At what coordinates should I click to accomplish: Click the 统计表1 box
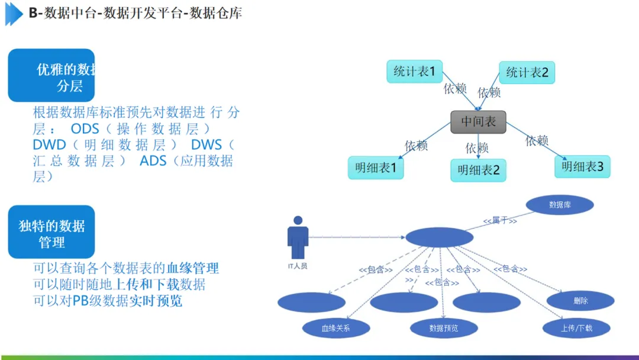click(x=415, y=72)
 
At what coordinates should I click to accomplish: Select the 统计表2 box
click(x=527, y=72)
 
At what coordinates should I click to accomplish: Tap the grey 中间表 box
click(x=478, y=122)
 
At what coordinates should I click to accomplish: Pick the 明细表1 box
click(x=376, y=168)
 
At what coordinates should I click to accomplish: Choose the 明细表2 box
click(x=478, y=170)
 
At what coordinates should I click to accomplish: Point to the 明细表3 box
click(x=582, y=166)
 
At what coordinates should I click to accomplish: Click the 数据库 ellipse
click(x=559, y=205)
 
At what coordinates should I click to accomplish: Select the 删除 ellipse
click(x=580, y=301)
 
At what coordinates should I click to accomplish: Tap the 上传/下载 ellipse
click(x=576, y=328)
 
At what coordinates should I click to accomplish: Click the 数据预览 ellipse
click(x=443, y=328)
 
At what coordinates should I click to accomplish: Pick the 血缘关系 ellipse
click(x=336, y=328)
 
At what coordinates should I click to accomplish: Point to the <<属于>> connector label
click(x=500, y=221)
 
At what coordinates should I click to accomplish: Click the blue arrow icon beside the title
click(x=14, y=14)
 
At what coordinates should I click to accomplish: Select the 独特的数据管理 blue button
click(x=51, y=234)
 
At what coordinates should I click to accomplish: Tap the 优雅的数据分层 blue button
click(x=51, y=77)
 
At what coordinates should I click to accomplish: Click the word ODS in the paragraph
click(x=85, y=128)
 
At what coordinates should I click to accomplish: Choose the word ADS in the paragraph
click(x=153, y=160)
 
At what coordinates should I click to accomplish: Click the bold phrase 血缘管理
click(x=192, y=268)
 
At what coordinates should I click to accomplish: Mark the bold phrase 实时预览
click(x=160, y=300)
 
